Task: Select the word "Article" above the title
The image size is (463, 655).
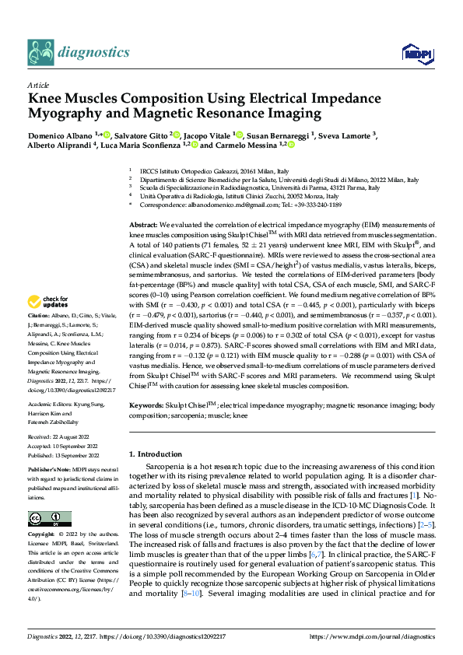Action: pos(37,85)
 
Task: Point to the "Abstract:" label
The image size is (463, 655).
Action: pos(143,223)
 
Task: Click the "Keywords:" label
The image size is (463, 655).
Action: pos(146,405)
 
